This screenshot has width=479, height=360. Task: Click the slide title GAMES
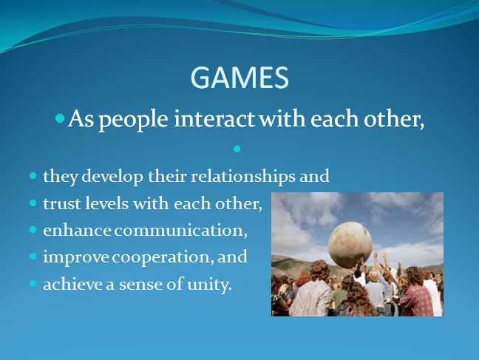point(239,78)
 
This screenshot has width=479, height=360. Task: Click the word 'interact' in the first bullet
point(214,118)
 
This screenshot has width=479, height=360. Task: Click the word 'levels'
point(106,203)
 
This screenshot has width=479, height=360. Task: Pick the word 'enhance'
point(77,230)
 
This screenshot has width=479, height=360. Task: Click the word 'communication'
point(181,231)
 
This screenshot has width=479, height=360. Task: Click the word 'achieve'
point(72,284)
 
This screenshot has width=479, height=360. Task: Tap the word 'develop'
point(112,177)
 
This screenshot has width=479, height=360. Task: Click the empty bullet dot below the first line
point(237,149)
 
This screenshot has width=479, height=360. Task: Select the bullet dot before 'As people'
point(60,118)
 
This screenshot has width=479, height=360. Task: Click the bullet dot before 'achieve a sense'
point(33,284)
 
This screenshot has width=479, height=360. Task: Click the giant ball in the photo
point(350,245)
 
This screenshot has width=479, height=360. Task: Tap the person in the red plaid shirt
point(416,293)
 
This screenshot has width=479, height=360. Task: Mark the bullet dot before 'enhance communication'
point(33,229)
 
